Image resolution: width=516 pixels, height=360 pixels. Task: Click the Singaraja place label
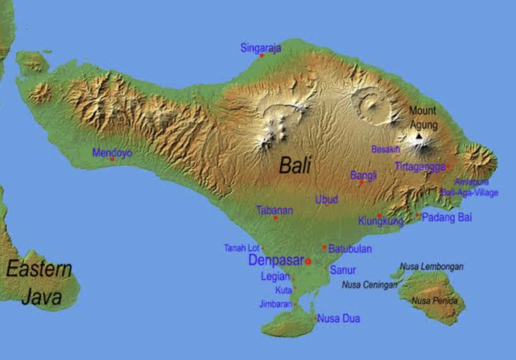pos(261,48)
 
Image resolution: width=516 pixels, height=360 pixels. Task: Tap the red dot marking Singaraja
pos(262,55)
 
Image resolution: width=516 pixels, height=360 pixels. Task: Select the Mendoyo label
pos(112,153)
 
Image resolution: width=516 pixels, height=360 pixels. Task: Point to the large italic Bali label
pos(295,166)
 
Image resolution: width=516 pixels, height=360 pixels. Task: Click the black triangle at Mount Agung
pos(419,136)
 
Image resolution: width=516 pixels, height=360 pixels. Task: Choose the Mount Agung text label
pos(423,118)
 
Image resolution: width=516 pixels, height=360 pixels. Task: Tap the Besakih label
pos(385,150)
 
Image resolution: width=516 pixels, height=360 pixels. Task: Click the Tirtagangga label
pos(420,166)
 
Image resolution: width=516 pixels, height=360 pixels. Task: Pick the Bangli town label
pos(363,175)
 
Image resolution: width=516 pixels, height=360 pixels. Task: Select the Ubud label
pos(327,200)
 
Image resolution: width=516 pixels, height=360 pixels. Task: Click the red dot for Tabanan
pos(276,218)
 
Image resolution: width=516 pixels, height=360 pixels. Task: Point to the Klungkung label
pos(381,222)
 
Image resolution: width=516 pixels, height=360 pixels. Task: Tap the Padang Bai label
pos(447,217)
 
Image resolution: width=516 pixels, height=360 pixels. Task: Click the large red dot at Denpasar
pos(308,261)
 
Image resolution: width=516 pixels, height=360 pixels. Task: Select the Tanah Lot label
pos(241,248)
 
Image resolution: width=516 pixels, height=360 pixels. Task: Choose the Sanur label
pos(343,270)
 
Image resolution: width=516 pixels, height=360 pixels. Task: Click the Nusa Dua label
pos(338,319)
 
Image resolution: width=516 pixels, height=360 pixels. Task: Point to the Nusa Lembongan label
pos(431,267)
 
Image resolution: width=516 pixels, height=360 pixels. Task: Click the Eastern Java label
pos(39,283)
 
